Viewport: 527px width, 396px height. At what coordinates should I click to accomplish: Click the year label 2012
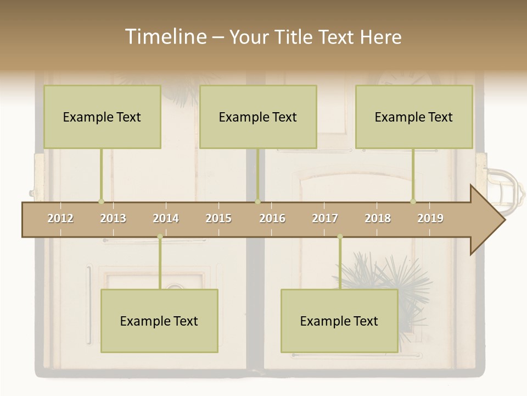tap(60, 219)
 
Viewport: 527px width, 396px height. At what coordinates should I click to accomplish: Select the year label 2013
tap(113, 219)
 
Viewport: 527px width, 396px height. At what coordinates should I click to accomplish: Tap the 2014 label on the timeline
tap(166, 219)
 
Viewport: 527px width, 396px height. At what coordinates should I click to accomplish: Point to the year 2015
tap(218, 219)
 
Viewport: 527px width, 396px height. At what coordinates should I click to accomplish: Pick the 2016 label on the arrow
tap(272, 219)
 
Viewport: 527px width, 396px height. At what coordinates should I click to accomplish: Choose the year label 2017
tap(325, 219)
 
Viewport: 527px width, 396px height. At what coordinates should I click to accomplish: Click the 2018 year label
tap(378, 219)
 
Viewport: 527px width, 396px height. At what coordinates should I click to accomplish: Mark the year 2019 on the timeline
tap(430, 219)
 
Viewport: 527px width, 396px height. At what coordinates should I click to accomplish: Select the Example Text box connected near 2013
tap(102, 117)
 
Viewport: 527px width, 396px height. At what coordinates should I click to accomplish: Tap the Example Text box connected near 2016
tap(258, 117)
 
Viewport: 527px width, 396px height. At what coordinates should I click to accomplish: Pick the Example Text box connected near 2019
tap(414, 117)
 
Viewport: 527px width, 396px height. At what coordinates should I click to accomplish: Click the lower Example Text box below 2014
tap(159, 321)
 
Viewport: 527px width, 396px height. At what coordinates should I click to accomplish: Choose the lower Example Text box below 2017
tap(339, 321)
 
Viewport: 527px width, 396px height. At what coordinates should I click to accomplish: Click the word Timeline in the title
tap(165, 37)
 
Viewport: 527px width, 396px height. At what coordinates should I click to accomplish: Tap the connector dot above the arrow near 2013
tap(101, 201)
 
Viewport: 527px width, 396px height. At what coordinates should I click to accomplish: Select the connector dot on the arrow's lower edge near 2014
tap(160, 237)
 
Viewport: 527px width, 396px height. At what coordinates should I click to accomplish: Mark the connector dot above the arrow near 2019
tap(413, 201)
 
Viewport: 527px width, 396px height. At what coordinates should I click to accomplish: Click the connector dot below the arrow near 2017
tap(340, 237)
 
